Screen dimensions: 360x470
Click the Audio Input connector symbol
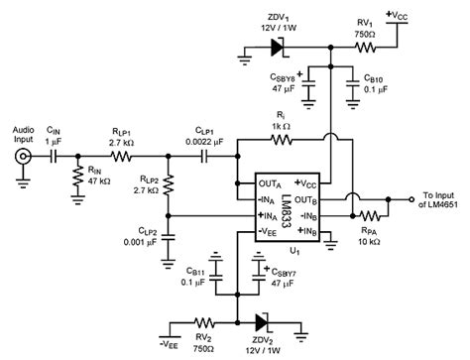(23, 157)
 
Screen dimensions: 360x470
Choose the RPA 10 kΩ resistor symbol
(372, 214)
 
